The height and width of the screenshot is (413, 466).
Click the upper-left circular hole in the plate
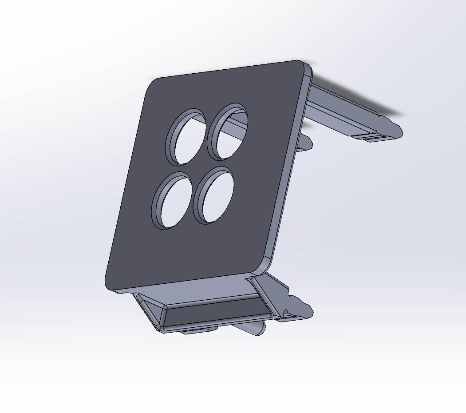(x=186, y=137)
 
